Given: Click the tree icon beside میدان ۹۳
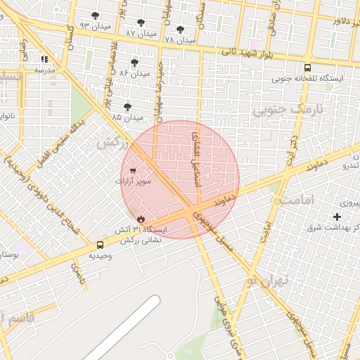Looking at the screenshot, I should point(96,15).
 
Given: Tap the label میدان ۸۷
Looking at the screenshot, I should point(141,33).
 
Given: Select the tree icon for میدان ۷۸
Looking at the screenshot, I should point(180,30).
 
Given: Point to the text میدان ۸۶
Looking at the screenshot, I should point(135,73).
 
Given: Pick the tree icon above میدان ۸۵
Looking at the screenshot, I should point(127,107).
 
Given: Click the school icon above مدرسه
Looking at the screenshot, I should point(44,60).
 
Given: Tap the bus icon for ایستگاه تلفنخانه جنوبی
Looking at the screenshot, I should point(307,68).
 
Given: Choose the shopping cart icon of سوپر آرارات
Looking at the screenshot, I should point(133,169).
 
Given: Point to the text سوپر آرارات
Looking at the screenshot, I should point(134,181).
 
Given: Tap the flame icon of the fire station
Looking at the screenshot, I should point(141,219).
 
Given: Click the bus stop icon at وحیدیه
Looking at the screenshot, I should point(100,245).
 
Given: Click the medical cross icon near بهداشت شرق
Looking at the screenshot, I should point(337,217).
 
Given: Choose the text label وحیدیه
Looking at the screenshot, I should point(100,256).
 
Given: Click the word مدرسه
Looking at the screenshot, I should point(44,70).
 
